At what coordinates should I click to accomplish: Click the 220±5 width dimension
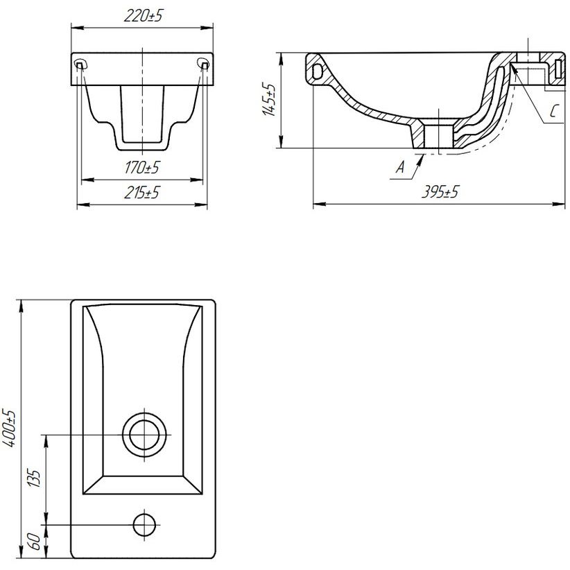pyautogui.click(x=143, y=16)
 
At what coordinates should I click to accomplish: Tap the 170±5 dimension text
pyautogui.click(x=142, y=168)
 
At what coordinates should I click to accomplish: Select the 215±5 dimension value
pyautogui.click(x=141, y=193)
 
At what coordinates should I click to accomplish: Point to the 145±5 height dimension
pyautogui.click(x=269, y=100)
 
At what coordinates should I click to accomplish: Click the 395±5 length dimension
pyautogui.click(x=440, y=191)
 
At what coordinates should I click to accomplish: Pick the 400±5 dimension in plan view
pyautogui.click(x=9, y=429)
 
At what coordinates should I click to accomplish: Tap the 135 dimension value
pyautogui.click(x=34, y=478)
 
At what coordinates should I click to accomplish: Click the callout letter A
pyautogui.click(x=400, y=167)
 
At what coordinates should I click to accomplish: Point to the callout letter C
pyautogui.click(x=553, y=111)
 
